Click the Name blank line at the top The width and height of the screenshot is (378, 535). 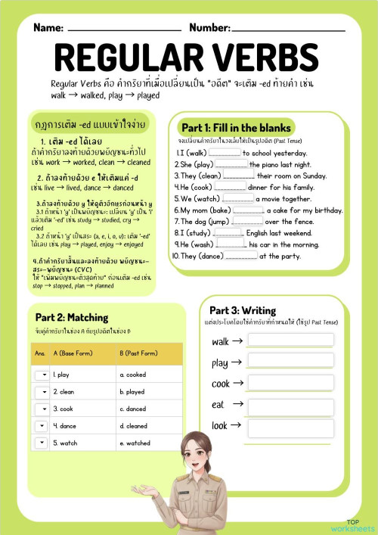(x=124, y=28)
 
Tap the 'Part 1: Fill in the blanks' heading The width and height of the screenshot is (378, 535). (x=236, y=128)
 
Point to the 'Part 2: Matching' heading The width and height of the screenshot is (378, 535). (x=72, y=317)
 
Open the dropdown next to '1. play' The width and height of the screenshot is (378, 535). (x=41, y=374)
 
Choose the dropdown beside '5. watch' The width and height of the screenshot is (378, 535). (x=41, y=443)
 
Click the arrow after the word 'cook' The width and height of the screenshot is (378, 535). (x=237, y=384)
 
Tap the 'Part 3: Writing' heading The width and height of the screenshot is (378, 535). (x=243, y=310)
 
